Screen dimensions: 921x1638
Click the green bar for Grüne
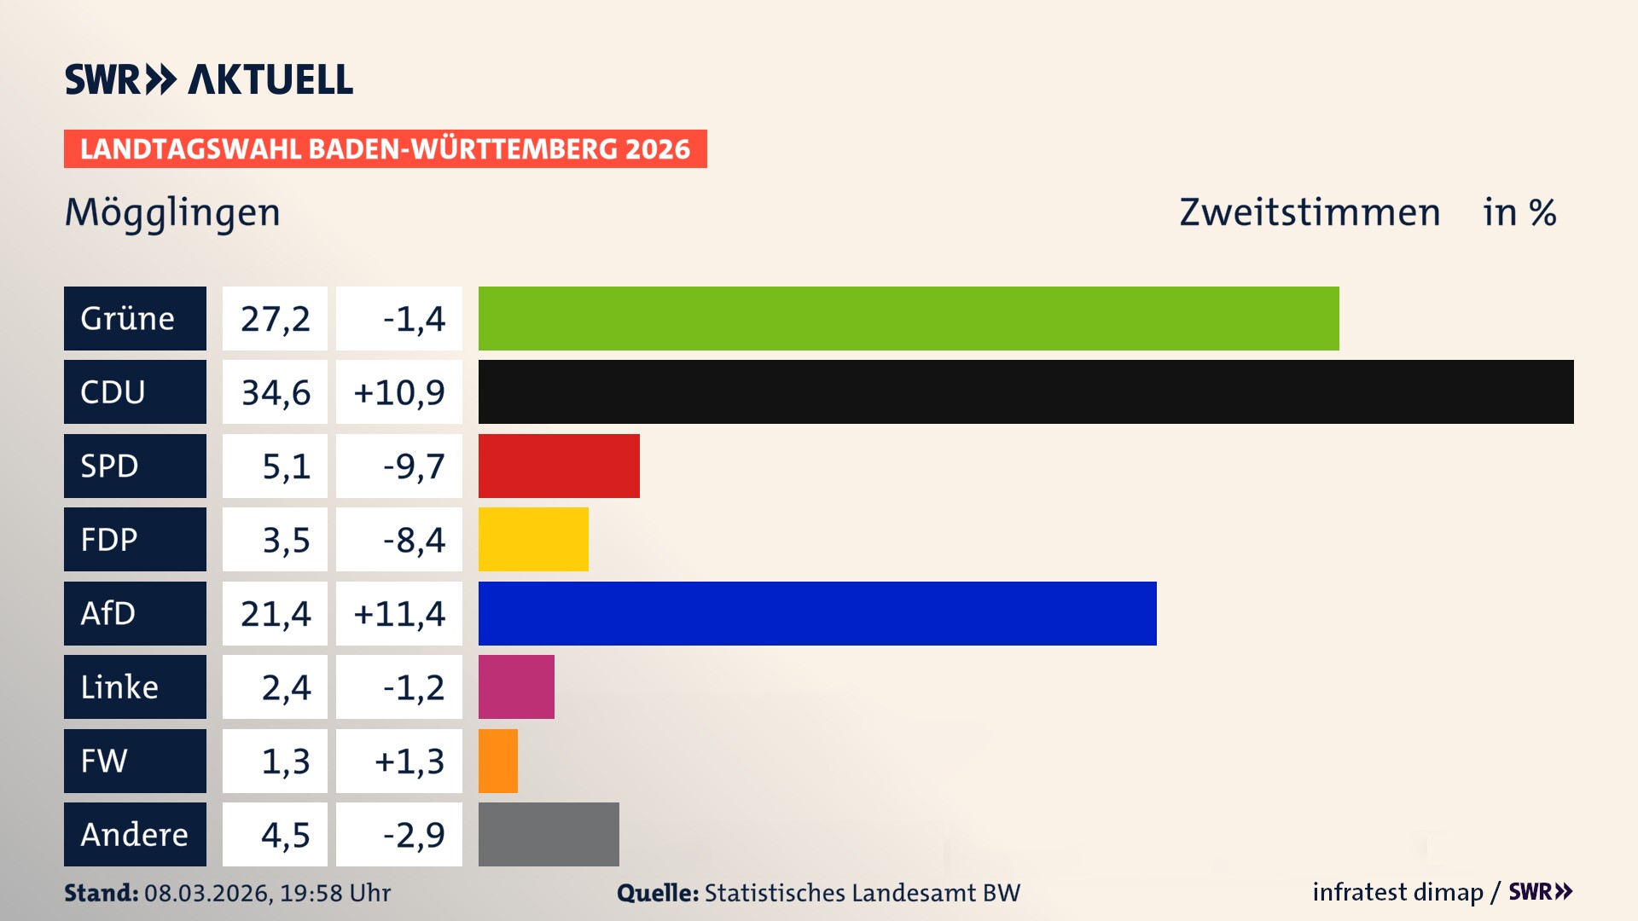(909, 318)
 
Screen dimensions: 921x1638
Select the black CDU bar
(1025, 391)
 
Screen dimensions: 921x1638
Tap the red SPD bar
(559, 466)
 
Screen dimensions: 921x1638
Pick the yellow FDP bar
(533, 539)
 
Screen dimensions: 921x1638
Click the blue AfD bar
(817, 613)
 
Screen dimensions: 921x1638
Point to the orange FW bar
(498, 761)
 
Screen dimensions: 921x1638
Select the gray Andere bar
(549, 834)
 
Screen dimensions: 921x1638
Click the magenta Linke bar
(516, 686)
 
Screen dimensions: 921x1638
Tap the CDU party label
(135, 391)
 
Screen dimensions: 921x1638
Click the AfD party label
(135, 613)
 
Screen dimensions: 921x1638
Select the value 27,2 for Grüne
(275, 318)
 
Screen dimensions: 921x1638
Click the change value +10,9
(398, 391)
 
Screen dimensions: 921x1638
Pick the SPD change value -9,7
(414, 466)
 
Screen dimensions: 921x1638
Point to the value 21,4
(275, 613)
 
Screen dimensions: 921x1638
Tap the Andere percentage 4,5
(285, 834)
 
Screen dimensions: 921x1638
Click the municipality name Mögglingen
(172, 212)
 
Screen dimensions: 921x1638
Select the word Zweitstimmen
(1310, 212)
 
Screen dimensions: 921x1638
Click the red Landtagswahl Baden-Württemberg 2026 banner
(385, 148)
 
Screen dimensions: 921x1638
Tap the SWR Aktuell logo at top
(209, 79)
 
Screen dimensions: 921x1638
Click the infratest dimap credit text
(1397, 892)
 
